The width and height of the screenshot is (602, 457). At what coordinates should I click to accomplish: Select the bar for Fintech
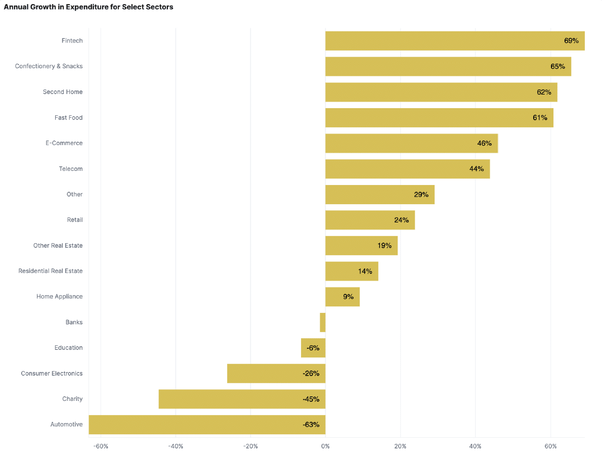click(x=455, y=40)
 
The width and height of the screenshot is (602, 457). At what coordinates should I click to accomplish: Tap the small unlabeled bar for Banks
click(x=323, y=323)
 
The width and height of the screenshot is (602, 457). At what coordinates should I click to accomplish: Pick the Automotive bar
click(x=207, y=424)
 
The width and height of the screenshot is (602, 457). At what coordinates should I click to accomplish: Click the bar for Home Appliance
click(x=342, y=297)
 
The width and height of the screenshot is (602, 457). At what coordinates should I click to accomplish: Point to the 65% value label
click(x=557, y=66)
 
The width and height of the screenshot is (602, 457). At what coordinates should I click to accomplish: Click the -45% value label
click(x=311, y=399)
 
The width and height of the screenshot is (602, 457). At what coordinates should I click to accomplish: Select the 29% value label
click(x=421, y=195)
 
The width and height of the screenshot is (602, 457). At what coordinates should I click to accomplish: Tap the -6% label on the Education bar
click(x=313, y=348)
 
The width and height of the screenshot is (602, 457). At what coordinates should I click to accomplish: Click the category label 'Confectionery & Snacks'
click(x=49, y=66)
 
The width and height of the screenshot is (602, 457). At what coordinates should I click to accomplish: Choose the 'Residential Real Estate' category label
click(x=50, y=271)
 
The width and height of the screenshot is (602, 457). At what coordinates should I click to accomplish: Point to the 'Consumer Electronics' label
click(x=52, y=374)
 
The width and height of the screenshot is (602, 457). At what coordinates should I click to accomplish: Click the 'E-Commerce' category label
click(x=64, y=143)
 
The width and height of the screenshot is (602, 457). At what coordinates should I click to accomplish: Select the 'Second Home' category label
click(x=63, y=92)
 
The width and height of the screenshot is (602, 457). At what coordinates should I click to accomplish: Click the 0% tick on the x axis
click(x=326, y=446)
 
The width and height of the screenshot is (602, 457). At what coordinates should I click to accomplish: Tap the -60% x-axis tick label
click(x=101, y=446)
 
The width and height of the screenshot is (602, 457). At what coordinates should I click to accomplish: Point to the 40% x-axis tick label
click(x=476, y=446)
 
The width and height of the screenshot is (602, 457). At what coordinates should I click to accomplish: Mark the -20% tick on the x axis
click(x=251, y=446)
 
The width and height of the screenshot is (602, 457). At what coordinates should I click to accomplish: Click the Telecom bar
click(x=408, y=169)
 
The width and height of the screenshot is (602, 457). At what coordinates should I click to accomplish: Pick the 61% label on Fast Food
click(x=540, y=118)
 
